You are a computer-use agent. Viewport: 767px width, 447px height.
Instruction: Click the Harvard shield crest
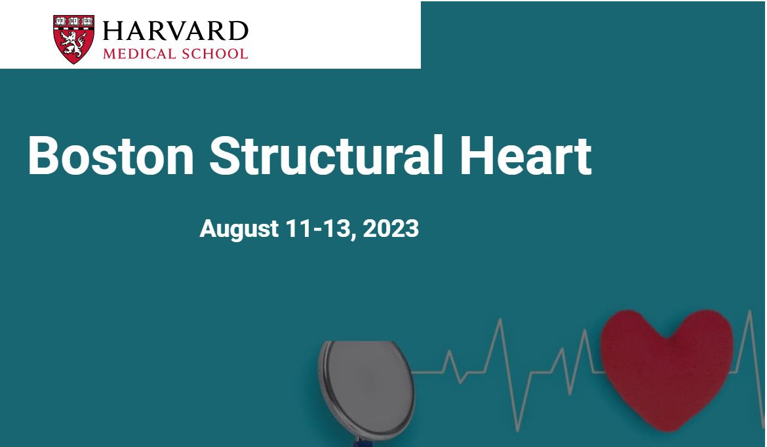pos(74,39)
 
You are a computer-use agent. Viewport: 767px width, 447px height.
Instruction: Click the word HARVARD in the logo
pos(175,31)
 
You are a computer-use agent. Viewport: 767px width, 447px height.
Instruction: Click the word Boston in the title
pos(111,155)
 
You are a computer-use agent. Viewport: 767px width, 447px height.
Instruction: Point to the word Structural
pos(326,154)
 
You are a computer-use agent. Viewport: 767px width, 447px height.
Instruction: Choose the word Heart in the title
pos(526,155)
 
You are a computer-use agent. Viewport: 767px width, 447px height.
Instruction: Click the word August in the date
pos(239,229)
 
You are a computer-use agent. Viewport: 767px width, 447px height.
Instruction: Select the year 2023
pos(391,228)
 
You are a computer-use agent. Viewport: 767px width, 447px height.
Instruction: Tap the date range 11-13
pos(321,228)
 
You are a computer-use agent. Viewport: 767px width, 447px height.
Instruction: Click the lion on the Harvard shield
pos(73,44)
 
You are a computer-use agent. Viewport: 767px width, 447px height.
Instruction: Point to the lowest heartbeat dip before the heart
pos(518,431)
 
